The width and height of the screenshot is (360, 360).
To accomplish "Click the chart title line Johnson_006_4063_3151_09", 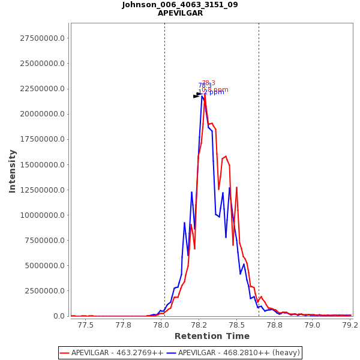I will (180, 5).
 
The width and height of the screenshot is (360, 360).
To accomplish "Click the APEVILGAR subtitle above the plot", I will (180, 13).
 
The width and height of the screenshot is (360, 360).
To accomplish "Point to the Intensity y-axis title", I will (12, 171).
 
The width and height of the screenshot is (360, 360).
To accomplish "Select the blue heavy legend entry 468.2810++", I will (239, 353).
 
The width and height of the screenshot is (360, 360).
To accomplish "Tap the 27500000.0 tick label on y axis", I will (43, 38).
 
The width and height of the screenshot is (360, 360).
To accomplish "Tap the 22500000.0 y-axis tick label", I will (43, 89).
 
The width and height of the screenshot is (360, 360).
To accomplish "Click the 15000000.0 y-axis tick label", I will (43, 165).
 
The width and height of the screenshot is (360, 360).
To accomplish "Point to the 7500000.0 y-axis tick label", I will (45, 241).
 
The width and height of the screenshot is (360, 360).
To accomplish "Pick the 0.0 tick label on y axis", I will (59, 316).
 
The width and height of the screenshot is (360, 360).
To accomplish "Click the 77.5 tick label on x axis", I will (86, 325).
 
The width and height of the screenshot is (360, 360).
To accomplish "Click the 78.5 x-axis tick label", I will (237, 325).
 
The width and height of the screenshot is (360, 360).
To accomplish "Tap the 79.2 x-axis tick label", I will (350, 325).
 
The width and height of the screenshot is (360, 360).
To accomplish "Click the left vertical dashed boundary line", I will (164, 180).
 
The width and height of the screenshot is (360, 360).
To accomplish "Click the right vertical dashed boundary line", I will (259, 180).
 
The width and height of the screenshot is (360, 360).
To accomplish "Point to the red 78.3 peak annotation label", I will (208, 83).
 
